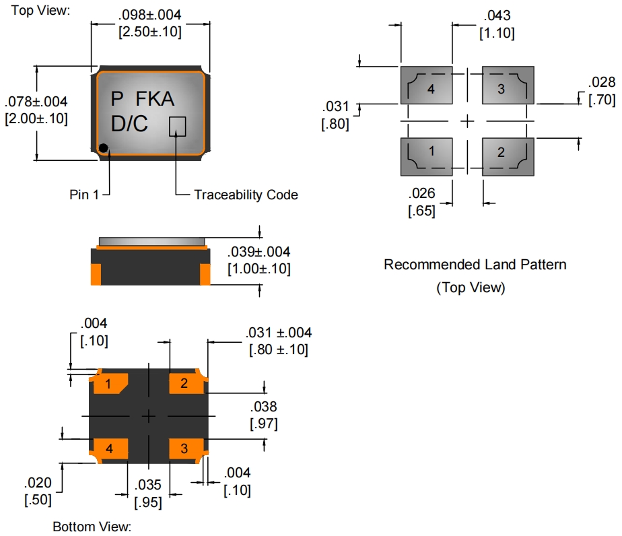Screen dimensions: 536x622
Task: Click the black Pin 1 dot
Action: coord(103,147)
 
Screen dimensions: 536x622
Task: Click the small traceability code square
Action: coord(177,125)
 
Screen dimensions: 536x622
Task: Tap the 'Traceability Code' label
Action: coord(246,195)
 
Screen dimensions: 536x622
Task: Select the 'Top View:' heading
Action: coord(40,10)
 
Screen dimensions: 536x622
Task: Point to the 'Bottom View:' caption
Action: coord(92,527)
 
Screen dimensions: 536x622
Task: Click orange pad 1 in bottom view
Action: coord(110,384)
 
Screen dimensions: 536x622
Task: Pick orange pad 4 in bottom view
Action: coord(110,448)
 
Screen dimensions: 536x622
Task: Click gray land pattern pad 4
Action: coord(426,86)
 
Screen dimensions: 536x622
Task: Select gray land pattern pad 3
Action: coord(508,86)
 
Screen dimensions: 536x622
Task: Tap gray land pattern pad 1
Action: coord(426,156)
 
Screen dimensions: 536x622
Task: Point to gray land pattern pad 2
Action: coord(508,156)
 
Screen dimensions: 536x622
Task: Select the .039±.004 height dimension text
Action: coord(259,253)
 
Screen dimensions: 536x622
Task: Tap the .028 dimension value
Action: coord(601,83)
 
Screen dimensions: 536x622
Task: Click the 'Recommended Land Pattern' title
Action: coord(475,265)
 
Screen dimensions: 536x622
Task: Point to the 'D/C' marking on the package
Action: coord(130,125)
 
